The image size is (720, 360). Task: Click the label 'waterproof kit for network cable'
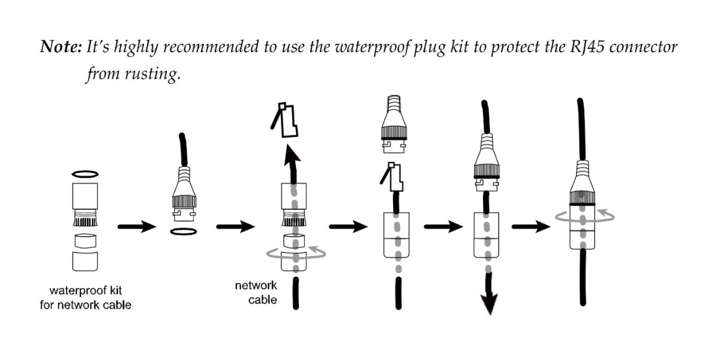[90, 298]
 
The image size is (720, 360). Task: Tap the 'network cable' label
[256, 292]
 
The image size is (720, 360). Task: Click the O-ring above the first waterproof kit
[85, 173]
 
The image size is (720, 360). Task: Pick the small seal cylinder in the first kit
[85, 241]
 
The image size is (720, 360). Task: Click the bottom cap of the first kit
[85, 260]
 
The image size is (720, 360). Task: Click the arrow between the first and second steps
[137, 227]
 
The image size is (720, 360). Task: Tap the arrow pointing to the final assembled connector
[530, 227]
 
